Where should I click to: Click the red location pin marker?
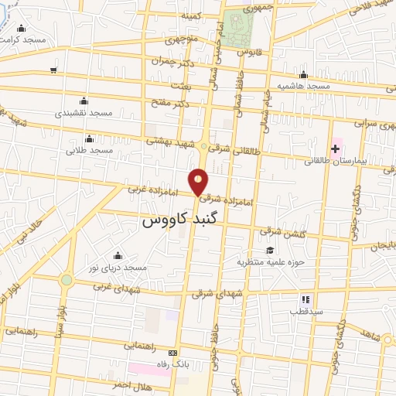click(199, 181)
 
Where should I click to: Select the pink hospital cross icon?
click(336, 147)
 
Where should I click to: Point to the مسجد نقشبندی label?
click(90, 113)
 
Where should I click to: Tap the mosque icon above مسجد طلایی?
click(90, 138)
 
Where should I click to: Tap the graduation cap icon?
click(270, 249)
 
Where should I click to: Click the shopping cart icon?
click(53, 70)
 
